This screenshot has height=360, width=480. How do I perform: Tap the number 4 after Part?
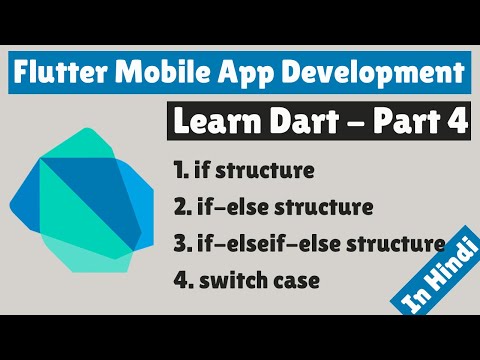coord(456,122)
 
